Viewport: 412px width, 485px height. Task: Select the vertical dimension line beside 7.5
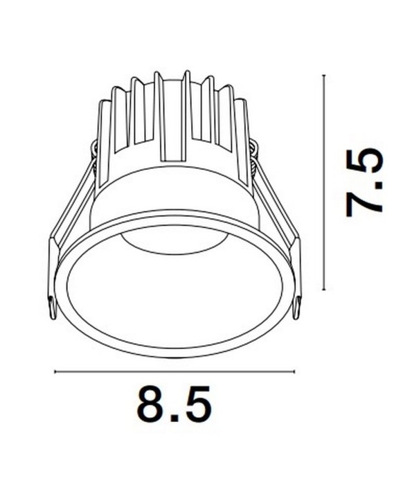(x=324, y=182)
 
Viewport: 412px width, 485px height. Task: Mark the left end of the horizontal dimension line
(x=55, y=372)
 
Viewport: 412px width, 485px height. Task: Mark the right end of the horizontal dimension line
(x=294, y=372)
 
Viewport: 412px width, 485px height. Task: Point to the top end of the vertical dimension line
(x=324, y=75)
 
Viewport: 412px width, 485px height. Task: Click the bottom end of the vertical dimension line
(x=324, y=290)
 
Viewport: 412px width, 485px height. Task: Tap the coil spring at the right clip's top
(x=253, y=156)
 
